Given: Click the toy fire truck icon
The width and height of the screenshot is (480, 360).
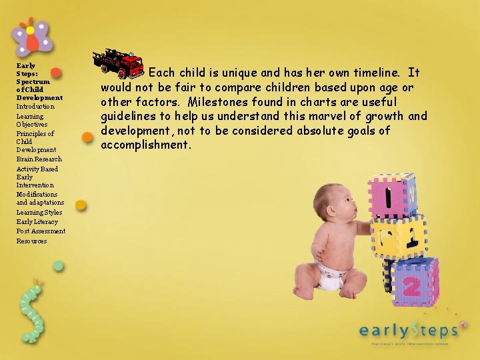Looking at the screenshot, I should [119, 63].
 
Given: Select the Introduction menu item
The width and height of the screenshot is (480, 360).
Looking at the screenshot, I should [35, 107].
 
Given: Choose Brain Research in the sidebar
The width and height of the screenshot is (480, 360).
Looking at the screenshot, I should [39, 159].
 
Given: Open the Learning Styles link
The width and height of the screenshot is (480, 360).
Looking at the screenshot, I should [39, 212].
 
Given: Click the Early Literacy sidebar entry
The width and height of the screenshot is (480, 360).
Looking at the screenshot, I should [37, 221].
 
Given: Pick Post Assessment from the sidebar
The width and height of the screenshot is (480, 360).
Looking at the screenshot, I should [41, 231].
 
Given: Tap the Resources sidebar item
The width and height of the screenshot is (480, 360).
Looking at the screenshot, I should [31, 241].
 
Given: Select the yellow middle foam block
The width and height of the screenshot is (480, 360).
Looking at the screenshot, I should [398, 237].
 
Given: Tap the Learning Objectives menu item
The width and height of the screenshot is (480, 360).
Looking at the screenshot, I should [31, 120].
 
